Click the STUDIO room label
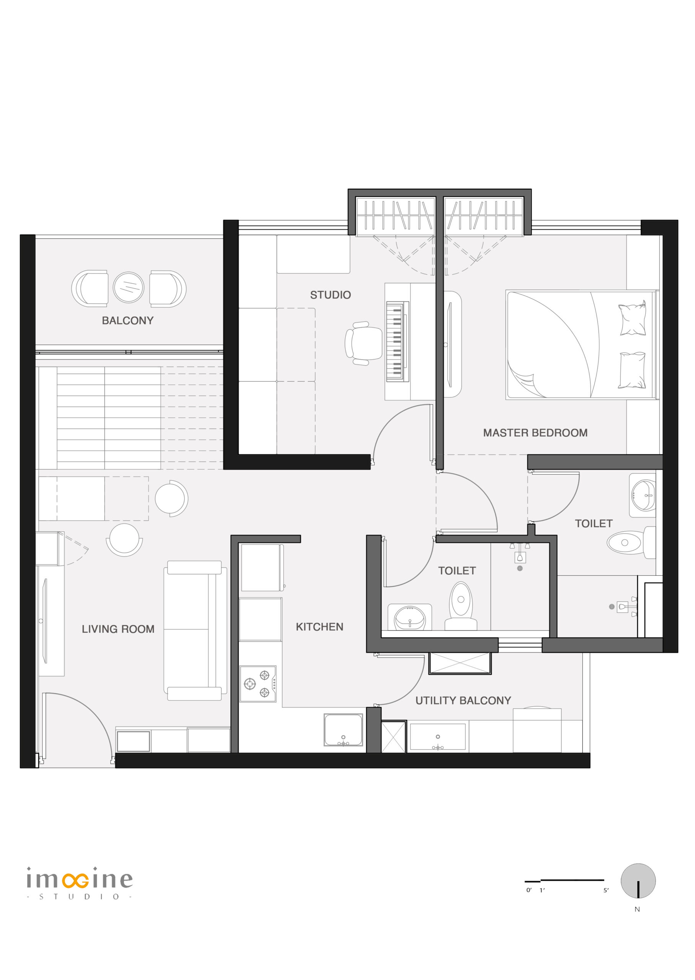[330, 295]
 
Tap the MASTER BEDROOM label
[535, 433]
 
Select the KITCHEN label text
[319, 627]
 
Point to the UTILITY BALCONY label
[463, 700]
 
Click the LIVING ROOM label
[118, 629]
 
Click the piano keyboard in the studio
[398, 341]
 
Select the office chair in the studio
[363, 343]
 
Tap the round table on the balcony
[128, 287]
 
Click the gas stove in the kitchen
[258, 683]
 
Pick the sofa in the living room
[196, 630]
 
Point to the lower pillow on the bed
[632, 370]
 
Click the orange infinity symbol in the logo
[75, 880]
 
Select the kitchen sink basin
[343, 730]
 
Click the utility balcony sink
[438, 737]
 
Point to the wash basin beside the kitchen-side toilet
[409, 617]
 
